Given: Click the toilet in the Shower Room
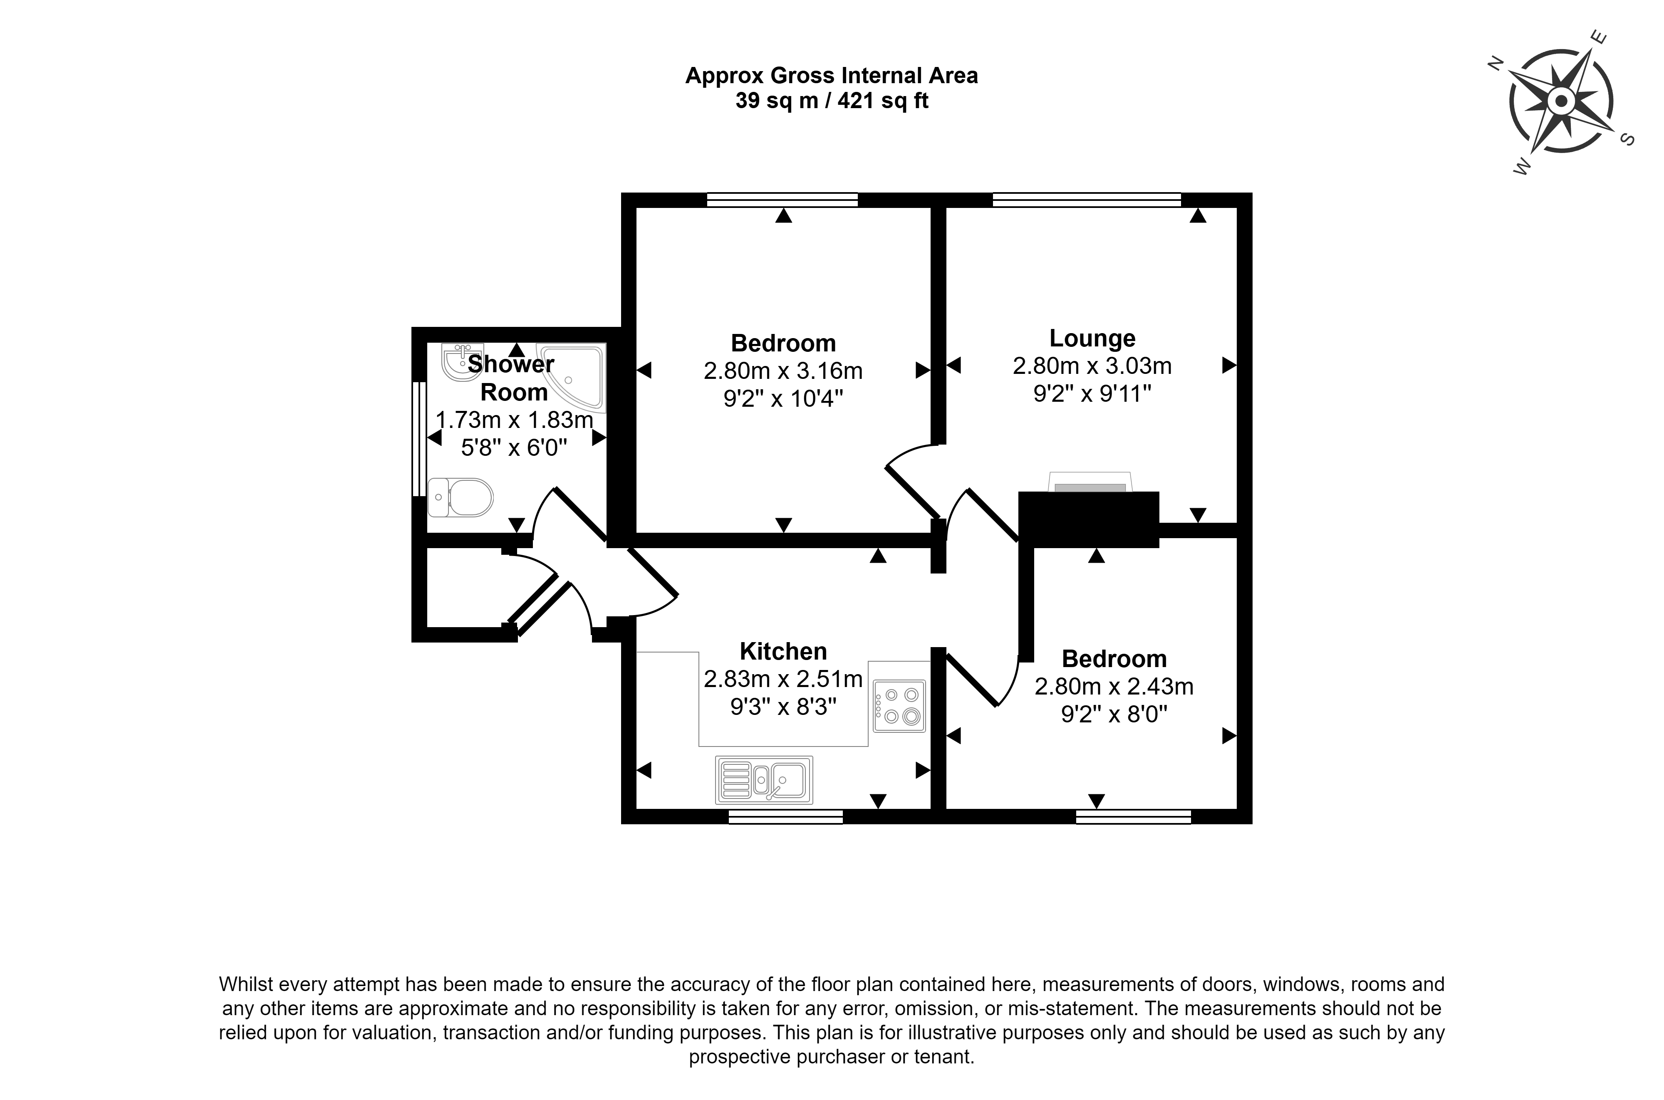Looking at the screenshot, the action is pos(460,497).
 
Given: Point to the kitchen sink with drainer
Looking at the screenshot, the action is pos(764,779).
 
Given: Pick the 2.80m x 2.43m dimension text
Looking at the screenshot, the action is pos(1114,686).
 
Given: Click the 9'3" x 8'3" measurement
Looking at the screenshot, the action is pos(784,707).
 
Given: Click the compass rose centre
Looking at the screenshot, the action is pos(1561,102).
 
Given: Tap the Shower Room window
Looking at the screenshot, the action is pos(419,438).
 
